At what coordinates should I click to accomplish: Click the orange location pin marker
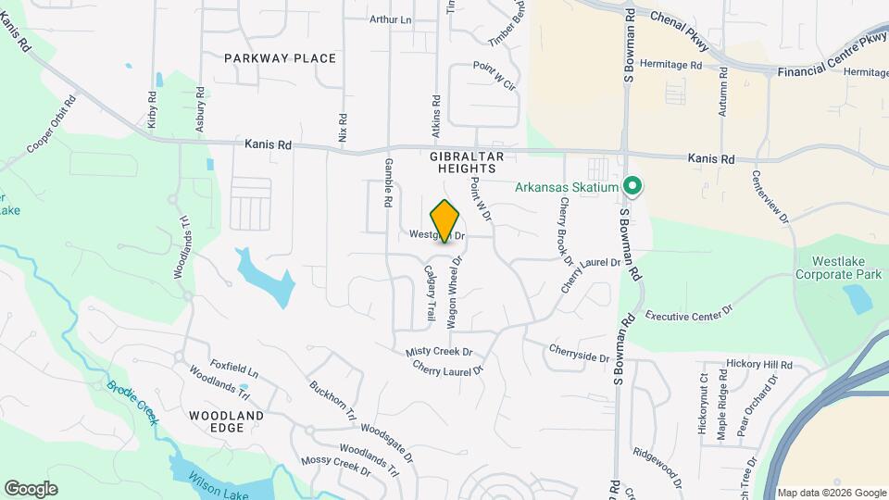pos(445,221)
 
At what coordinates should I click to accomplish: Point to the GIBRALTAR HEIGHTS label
pos(463,163)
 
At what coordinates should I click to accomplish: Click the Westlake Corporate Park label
pos(839,268)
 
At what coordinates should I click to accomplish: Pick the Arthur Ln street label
pos(390,19)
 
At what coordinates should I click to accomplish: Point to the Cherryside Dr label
pos(579,353)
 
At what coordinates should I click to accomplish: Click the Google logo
pos(31,489)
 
